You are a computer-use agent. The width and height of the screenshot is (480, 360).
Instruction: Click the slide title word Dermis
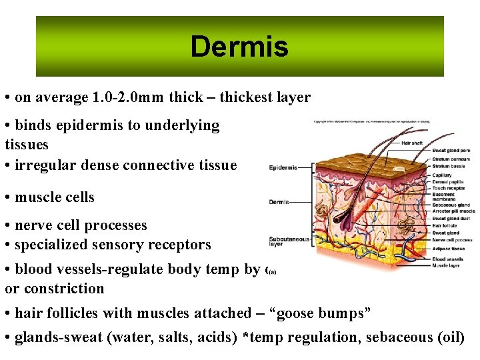(x=239, y=47)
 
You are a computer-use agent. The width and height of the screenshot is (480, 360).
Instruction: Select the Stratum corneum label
(x=451, y=159)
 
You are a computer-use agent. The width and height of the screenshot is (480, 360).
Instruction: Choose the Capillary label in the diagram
(x=442, y=175)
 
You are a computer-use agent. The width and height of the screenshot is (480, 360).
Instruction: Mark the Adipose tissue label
(x=448, y=248)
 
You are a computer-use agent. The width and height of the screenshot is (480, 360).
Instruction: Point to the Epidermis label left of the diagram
(x=283, y=167)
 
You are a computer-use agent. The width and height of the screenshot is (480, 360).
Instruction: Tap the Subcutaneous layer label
(x=288, y=241)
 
